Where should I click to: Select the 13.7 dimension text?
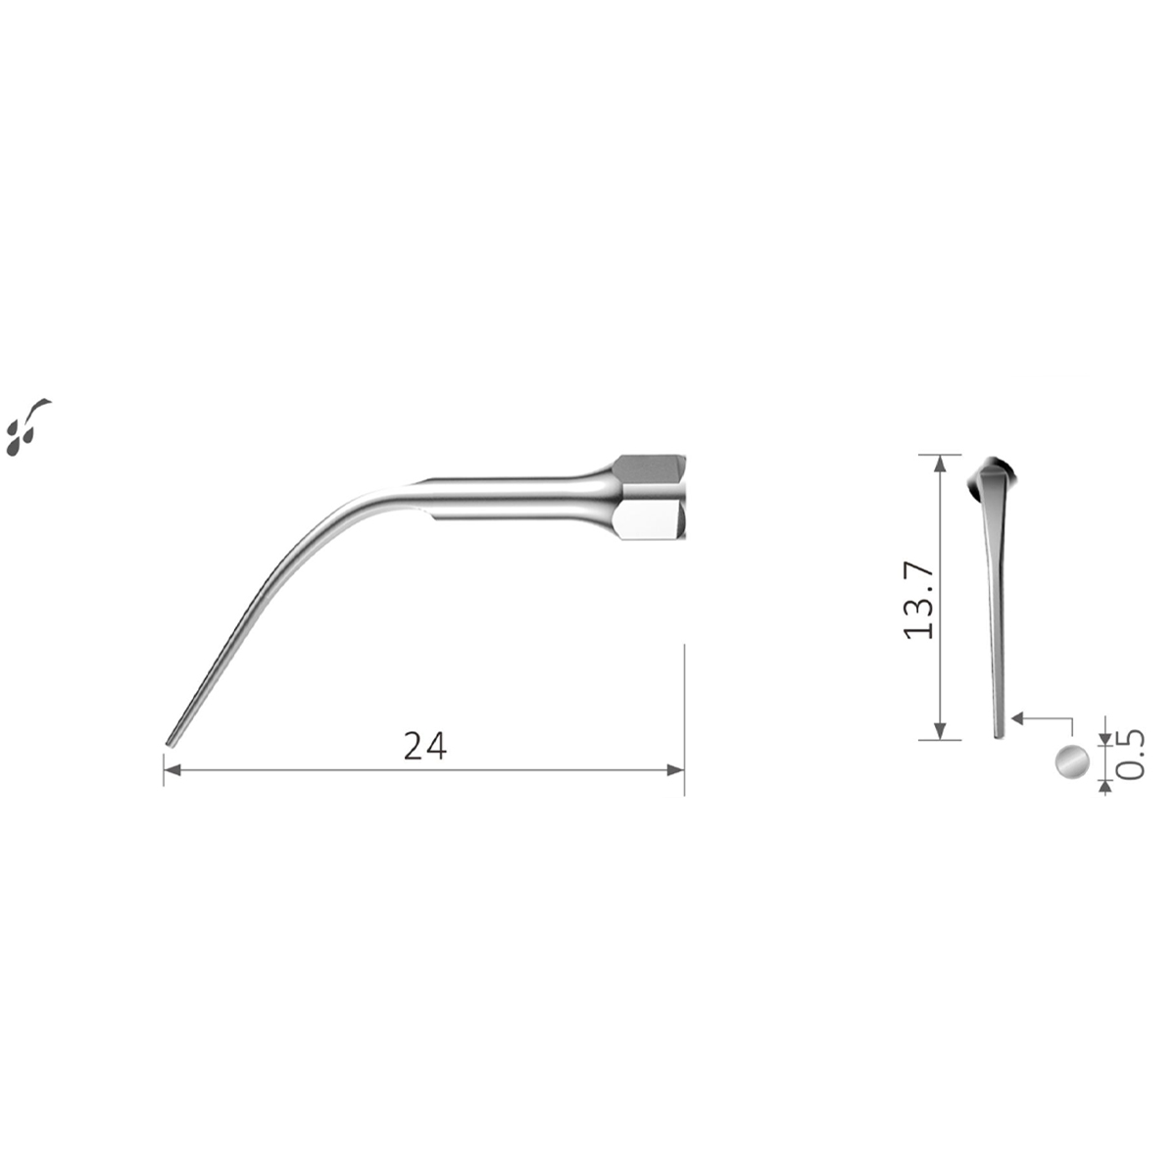[918, 601]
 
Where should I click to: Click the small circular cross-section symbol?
[1072, 761]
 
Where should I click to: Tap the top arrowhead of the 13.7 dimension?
[941, 464]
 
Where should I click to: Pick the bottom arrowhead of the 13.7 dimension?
[941, 730]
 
